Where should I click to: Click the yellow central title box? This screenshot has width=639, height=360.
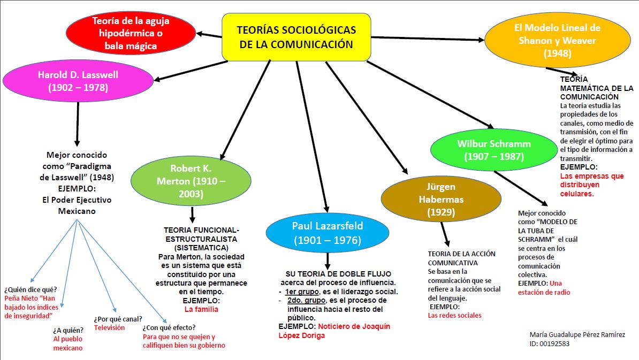(296, 36)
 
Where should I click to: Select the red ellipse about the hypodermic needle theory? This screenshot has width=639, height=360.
(131, 33)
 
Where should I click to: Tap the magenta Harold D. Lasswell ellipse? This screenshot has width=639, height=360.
(78, 80)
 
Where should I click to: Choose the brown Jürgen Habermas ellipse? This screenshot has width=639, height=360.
(441, 200)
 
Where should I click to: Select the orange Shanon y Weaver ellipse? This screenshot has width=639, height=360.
(557, 40)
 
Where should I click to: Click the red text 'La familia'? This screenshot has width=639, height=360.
(201, 309)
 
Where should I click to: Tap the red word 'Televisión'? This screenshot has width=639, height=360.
(109, 327)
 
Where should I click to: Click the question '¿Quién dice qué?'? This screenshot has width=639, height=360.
(31, 289)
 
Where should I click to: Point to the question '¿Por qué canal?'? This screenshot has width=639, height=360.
(118, 319)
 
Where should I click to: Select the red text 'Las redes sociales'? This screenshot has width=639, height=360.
(454, 315)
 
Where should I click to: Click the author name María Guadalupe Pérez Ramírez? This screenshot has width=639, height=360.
(577, 334)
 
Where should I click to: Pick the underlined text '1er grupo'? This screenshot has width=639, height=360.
(300, 292)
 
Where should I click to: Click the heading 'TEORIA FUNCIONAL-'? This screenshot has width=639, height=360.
(198, 230)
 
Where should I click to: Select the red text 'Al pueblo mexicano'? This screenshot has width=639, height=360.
(68, 343)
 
